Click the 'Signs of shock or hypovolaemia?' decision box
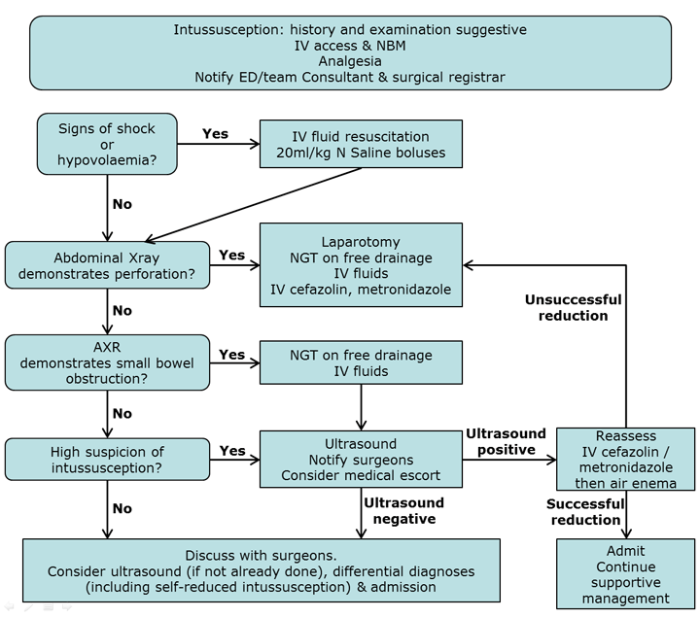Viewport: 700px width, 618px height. [x=107, y=143]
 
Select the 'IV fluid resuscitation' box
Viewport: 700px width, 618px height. [x=361, y=143]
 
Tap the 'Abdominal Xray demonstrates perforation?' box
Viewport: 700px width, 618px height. [x=107, y=264]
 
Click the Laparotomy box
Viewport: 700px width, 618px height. [x=361, y=264]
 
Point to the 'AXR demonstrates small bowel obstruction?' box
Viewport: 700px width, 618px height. [x=107, y=363]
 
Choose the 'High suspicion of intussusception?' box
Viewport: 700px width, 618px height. [x=107, y=460]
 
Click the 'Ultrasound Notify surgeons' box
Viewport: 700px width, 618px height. [x=361, y=460]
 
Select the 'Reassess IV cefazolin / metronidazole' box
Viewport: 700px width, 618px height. [x=626, y=460]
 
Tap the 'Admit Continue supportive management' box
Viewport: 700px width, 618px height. [x=626, y=574]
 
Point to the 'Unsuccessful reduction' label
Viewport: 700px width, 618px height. [x=573, y=307]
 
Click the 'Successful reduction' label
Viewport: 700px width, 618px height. [x=584, y=511]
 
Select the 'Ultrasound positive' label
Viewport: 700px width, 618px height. [x=506, y=441]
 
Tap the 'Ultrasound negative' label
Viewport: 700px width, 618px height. [x=403, y=510]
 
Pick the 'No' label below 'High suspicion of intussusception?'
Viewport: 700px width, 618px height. [x=122, y=507]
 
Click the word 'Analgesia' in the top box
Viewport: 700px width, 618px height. [x=350, y=60]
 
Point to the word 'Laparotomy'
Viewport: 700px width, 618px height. [x=361, y=240]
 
